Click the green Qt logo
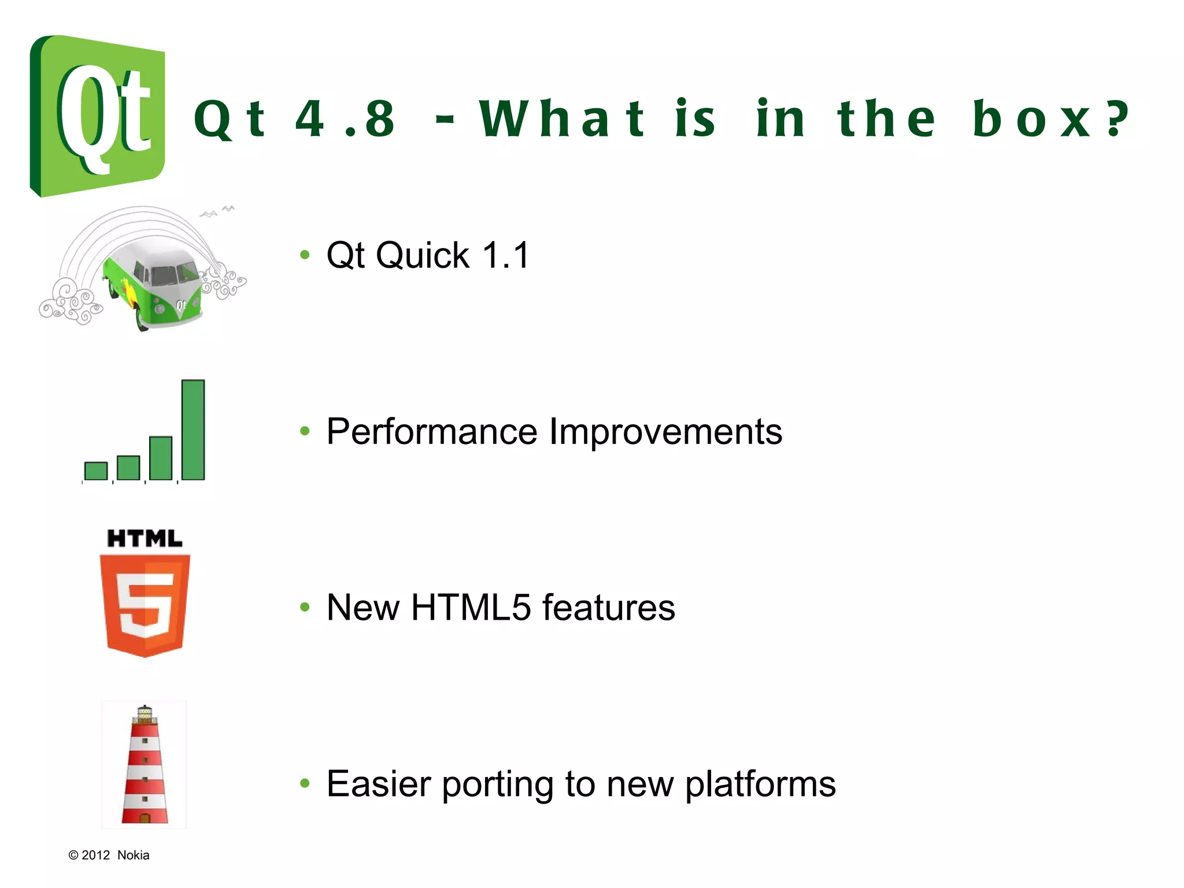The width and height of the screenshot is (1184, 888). point(97,116)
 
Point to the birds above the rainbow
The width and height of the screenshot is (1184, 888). point(218,211)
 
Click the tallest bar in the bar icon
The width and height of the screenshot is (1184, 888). point(193,430)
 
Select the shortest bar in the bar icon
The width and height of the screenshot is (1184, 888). point(96,471)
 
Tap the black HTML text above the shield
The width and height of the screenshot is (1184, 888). point(145,539)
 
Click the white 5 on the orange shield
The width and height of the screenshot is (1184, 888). point(145,604)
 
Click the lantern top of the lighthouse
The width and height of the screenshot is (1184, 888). point(145,715)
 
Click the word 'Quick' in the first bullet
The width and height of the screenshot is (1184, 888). point(423,255)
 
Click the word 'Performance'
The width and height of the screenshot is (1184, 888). point(432,431)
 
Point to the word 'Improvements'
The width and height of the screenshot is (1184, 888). point(665,431)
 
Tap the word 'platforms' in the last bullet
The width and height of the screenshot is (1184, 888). point(760,785)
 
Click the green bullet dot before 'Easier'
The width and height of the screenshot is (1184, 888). point(305,783)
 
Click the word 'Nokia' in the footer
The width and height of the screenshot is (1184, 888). point(133,855)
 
